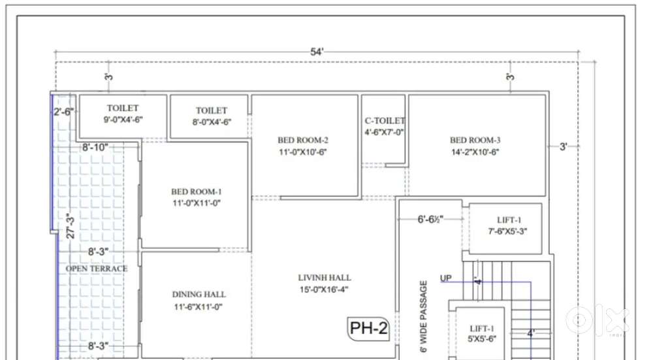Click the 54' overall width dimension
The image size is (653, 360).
pos(317,52)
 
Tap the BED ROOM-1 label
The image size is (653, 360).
pos(196,192)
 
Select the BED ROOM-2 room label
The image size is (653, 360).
pos(303,140)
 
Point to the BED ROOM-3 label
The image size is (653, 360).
pos(475,140)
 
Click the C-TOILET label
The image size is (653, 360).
pos(385,121)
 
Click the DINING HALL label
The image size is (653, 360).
pos(199,295)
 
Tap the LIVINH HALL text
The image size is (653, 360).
pos(325,278)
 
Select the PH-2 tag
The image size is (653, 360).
pos(368,328)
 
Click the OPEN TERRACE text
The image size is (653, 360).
pos(97,269)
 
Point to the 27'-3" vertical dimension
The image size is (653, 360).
pos(71,226)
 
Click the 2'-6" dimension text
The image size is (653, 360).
pos(63,112)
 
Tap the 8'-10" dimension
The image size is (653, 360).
pos(95,147)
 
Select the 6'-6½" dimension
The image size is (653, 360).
pos(430,219)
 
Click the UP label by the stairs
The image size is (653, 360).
pos(445,278)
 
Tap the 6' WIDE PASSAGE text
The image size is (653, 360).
pos(424,317)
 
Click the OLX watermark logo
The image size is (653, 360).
pos(596,320)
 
